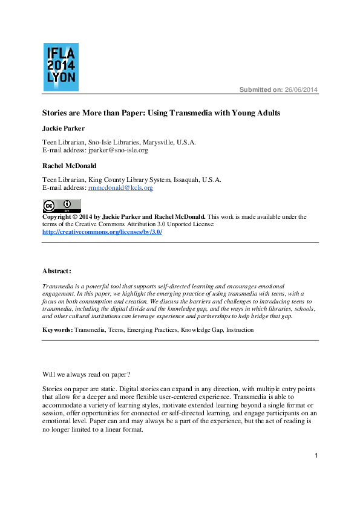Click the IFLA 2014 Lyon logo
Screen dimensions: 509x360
tap(61, 66)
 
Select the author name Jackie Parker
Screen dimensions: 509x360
tap(64, 129)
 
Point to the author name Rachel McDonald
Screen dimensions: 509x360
tap(68, 166)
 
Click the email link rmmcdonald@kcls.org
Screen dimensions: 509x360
tap(120, 188)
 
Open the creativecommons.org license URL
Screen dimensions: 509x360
tap(102, 232)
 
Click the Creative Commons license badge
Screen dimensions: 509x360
tap(61, 205)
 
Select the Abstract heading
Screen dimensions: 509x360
tap(57, 271)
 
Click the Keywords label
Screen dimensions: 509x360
tap(57, 330)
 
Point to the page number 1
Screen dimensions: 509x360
tap(316, 455)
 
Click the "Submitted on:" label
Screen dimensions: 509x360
tap(261, 90)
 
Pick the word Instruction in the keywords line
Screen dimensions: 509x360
tap(240, 330)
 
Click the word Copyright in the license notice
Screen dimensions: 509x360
tap(57, 216)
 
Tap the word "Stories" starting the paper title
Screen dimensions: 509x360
tap(54, 113)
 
